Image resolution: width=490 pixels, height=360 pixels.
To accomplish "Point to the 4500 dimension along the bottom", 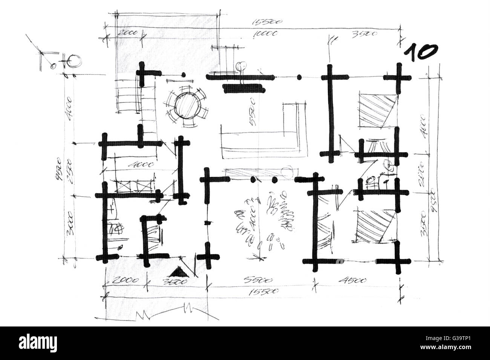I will pos(354,280).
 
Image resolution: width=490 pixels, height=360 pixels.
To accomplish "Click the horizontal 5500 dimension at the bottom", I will pos(256,280).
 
